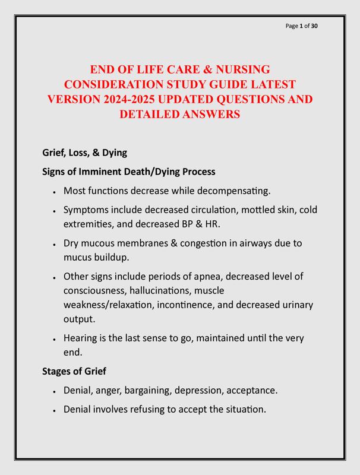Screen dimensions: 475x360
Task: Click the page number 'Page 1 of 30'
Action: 302,26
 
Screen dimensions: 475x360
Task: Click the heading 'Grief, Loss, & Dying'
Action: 84,153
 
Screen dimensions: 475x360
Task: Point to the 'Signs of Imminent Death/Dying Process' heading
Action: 128,172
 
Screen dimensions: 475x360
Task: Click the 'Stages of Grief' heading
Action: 74,372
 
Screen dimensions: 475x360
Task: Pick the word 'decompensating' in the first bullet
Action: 232,191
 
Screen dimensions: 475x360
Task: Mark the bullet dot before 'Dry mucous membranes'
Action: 54,244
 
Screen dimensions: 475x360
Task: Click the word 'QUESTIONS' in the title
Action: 244,99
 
